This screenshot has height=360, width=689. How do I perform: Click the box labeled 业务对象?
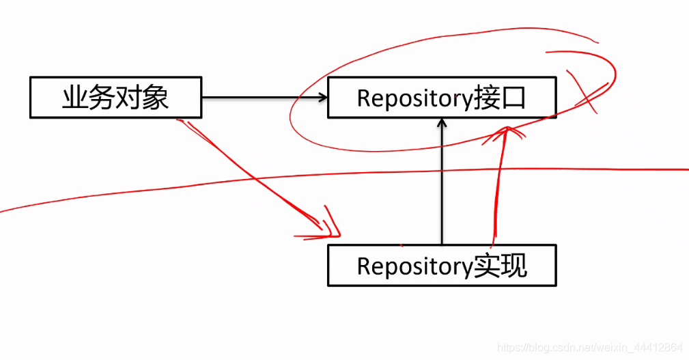click(x=115, y=97)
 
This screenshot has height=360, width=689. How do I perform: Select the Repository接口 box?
click(x=441, y=98)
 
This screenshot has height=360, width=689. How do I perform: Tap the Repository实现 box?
click(x=441, y=265)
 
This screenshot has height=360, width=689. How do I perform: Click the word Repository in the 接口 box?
click(x=414, y=98)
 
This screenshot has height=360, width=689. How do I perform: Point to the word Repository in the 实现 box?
click(x=414, y=266)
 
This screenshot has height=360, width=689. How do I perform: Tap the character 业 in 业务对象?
click(x=74, y=97)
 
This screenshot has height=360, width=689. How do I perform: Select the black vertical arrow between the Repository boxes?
click(x=442, y=184)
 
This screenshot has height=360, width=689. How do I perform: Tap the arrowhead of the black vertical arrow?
click(x=442, y=124)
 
